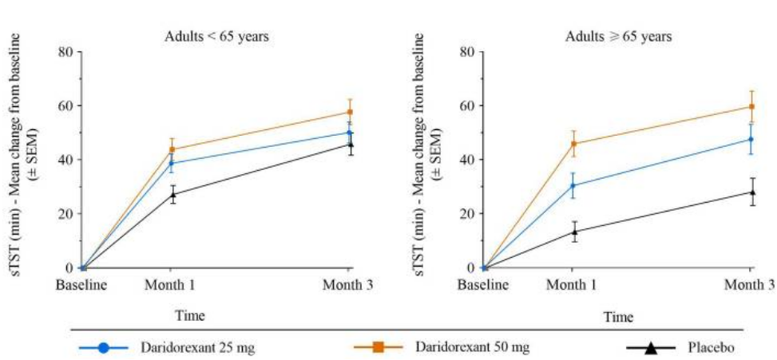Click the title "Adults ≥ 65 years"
coord(619,36)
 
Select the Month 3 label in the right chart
coord(751,284)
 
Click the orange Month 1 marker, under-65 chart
coord(172,149)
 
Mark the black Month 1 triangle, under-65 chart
coord(172,194)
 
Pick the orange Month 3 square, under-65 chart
coord(350,112)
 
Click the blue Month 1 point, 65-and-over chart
coord(573,186)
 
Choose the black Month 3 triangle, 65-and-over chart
coord(751,192)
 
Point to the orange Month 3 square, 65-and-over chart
coord(751,106)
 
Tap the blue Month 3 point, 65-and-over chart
coord(751,140)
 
